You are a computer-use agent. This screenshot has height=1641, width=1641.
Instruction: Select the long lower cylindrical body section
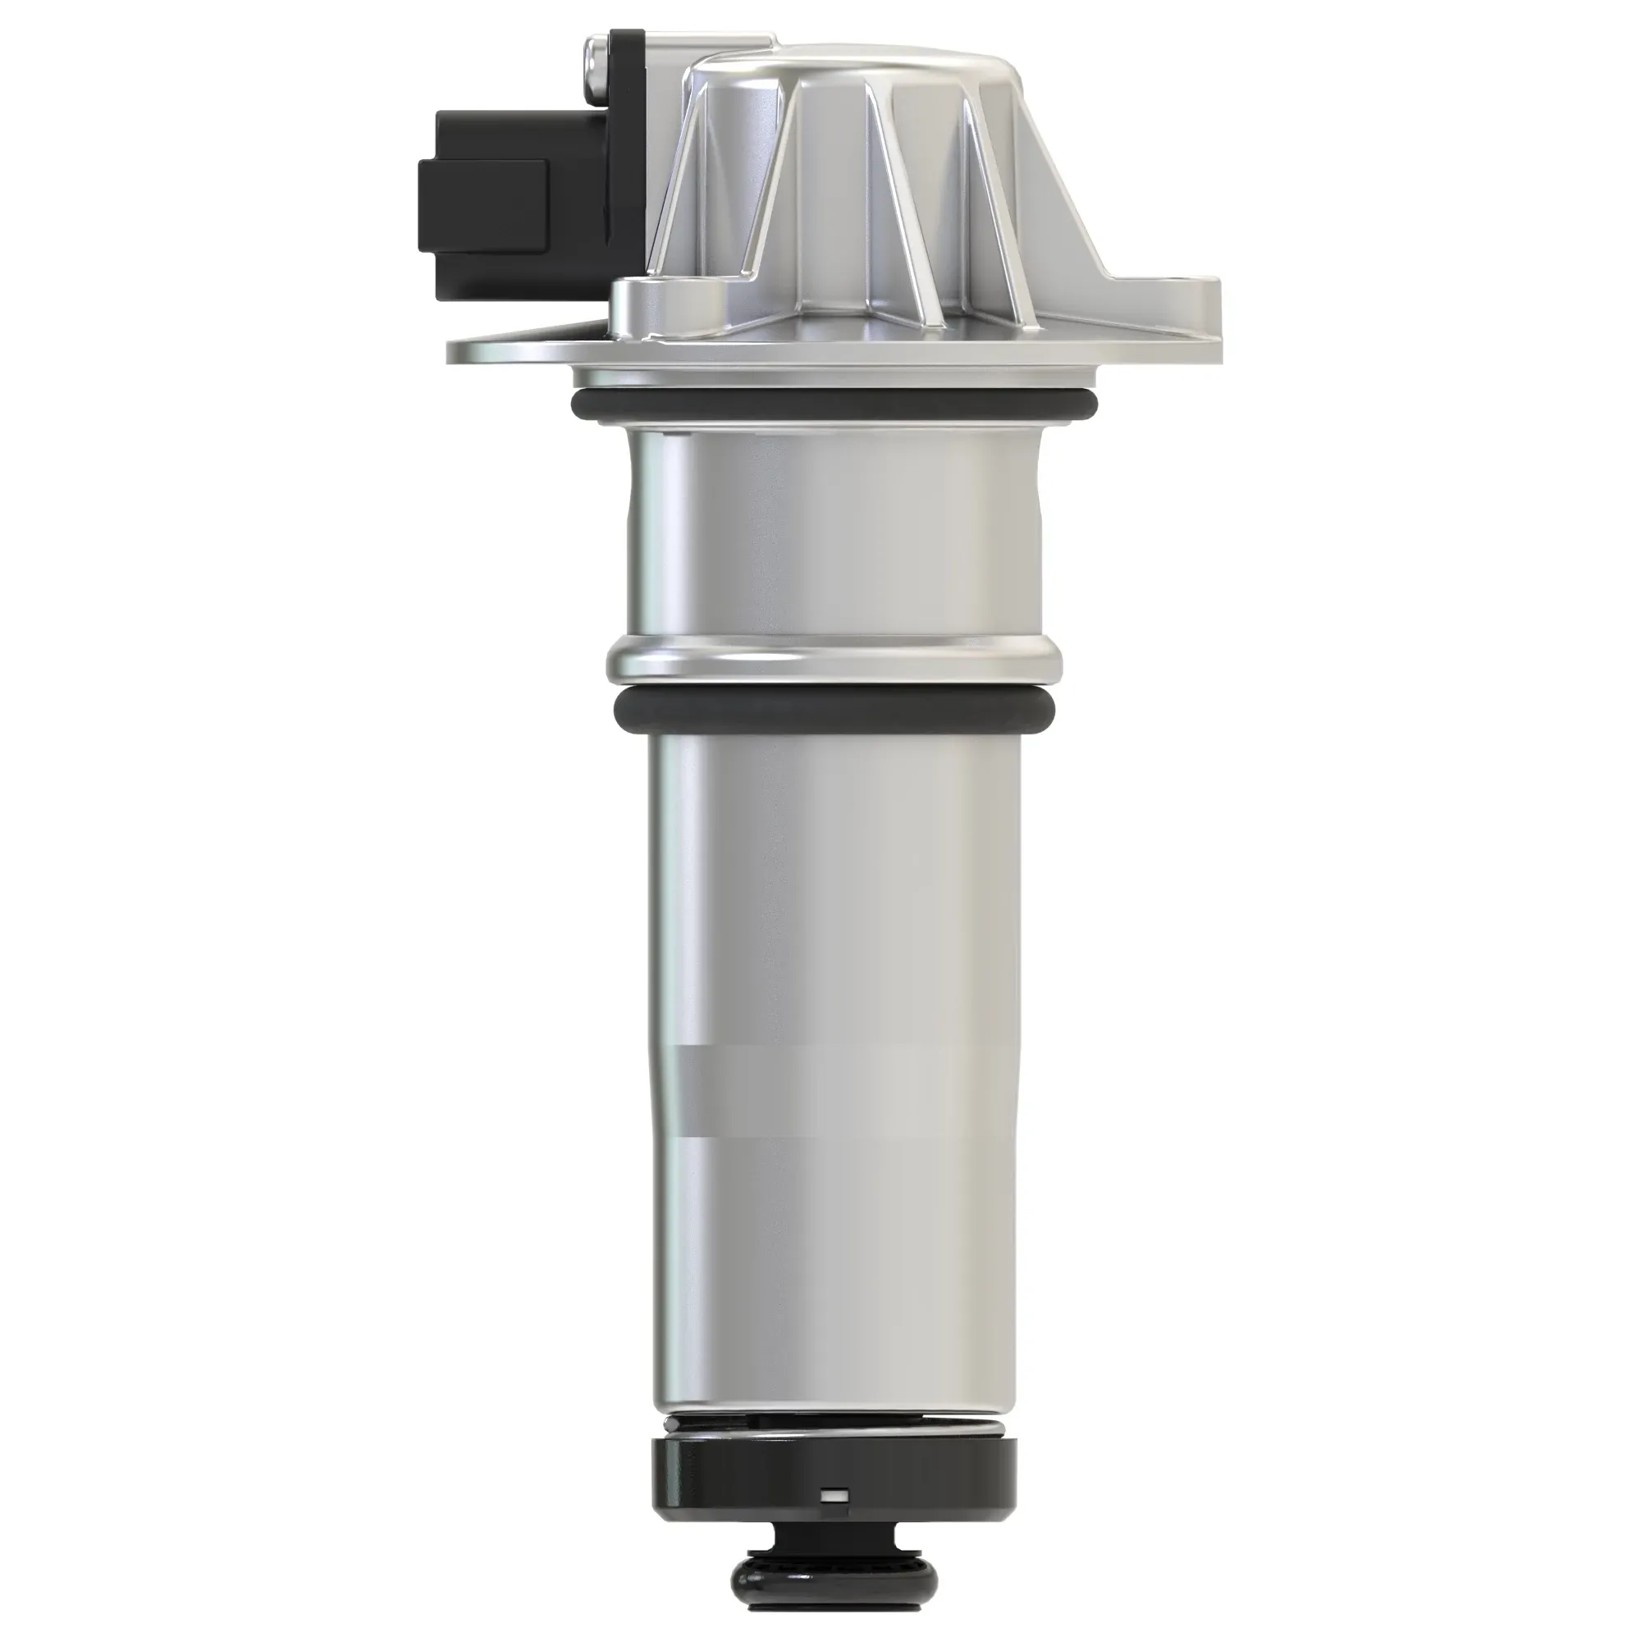click(832, 1062)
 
